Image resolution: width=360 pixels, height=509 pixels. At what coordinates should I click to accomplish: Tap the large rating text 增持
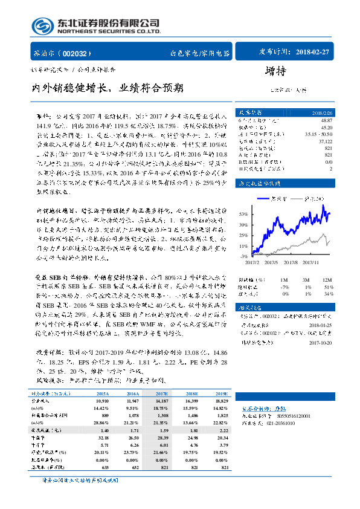(275, 71)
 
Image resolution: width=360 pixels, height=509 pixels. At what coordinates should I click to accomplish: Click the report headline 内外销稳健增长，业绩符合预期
(108, 88)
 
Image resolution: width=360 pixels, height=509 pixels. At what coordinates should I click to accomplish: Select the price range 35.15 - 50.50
(318, 132)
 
